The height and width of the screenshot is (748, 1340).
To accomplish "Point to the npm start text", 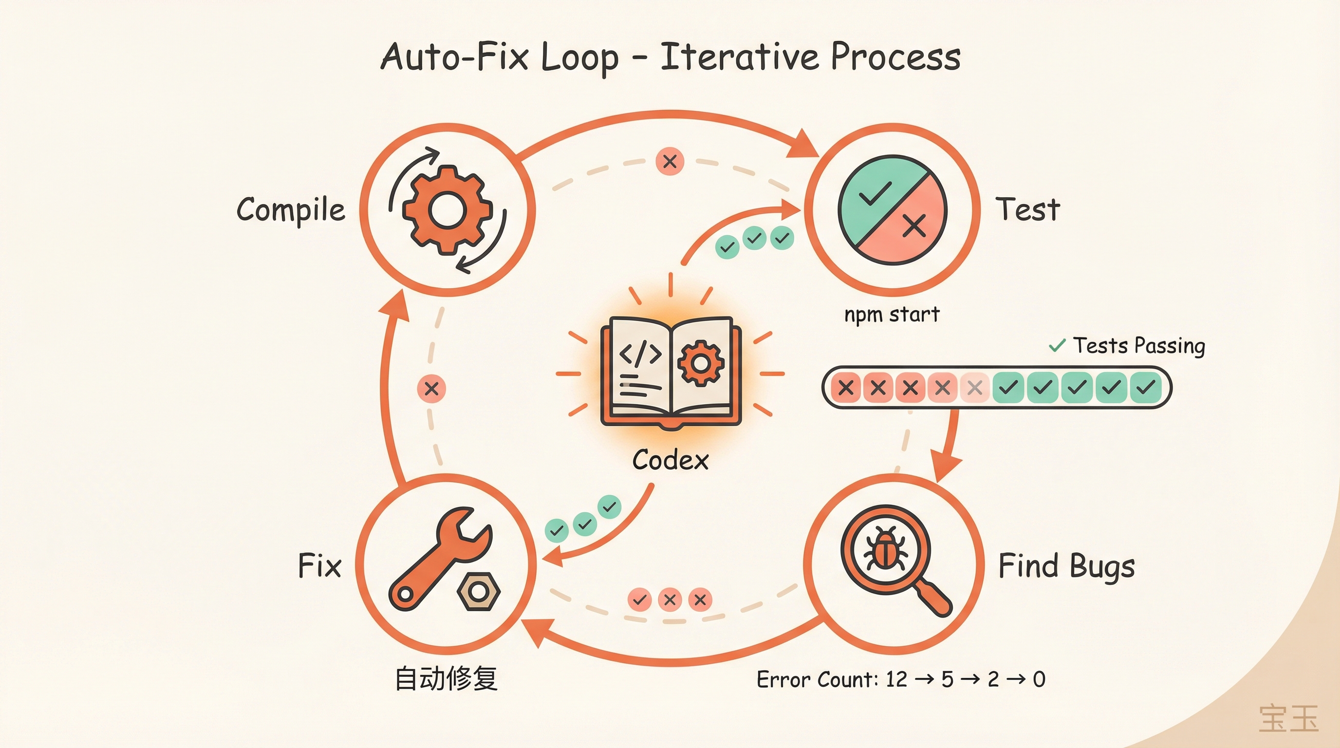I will [892, 314].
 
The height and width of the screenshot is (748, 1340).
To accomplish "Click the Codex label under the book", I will [670, 460].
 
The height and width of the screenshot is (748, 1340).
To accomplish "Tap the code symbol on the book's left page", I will [640, 354].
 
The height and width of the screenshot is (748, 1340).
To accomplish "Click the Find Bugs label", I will [1066, 565].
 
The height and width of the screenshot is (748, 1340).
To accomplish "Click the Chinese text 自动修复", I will [446, 679].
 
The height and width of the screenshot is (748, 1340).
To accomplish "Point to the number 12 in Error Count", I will [896, 679].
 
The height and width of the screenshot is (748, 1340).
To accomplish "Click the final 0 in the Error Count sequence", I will [1039, 679].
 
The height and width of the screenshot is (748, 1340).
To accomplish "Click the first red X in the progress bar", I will [846, 388].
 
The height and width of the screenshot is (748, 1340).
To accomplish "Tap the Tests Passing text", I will [1138, 345].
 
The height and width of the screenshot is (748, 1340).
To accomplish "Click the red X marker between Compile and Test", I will [670, 161].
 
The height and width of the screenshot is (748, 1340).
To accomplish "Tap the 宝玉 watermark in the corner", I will [1288, 718].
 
